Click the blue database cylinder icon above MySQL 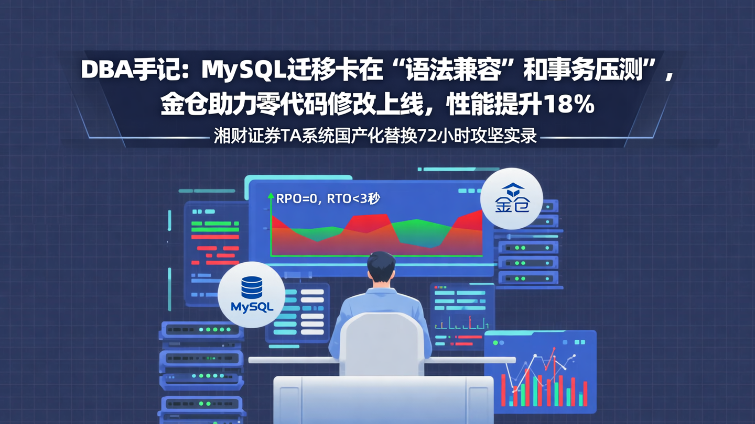(x=252, y=288)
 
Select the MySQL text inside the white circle (x=252, y=307)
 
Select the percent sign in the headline (x=584, y=105)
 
